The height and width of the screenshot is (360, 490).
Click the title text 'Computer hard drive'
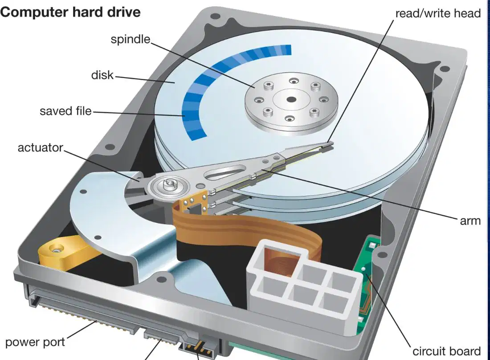click(70, 12)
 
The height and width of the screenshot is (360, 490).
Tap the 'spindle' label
click(131, 39)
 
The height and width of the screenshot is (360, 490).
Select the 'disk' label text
click(102, 75)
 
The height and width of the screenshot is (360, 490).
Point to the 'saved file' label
click(65, 111)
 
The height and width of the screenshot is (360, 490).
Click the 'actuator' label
click(40, 147)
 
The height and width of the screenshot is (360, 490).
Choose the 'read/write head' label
click(438, 13)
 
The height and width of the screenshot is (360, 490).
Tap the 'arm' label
click(470, 221)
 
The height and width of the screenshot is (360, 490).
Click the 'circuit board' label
click(446, 351)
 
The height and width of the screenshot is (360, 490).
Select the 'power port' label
click(35, 343)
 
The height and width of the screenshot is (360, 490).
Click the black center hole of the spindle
click(291, 100)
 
